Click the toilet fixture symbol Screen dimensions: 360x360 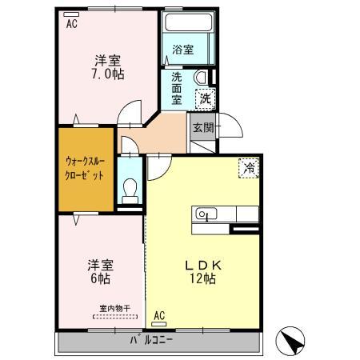coord(130,191)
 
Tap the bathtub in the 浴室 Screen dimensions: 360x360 coord(188,22)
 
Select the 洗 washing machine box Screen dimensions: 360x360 coord(205,99)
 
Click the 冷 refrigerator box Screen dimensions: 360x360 coord(249,168)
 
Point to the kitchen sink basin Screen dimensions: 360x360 coord(206,214)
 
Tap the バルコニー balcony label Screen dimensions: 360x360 coord(151,340)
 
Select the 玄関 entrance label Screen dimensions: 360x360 coord(203,127)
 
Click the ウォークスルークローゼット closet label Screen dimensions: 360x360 coord(85,168)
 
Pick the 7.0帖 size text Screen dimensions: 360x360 coord(108,74)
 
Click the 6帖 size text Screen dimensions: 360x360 coord(100,278)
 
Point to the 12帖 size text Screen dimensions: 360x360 coord(202,278)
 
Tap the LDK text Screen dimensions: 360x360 coord(203,265)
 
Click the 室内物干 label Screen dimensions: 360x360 coord(114,309)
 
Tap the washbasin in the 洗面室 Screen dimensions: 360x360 coord(201,78)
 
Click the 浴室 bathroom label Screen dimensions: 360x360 coord(182,50)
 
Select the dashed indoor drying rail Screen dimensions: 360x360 coord(115,317)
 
